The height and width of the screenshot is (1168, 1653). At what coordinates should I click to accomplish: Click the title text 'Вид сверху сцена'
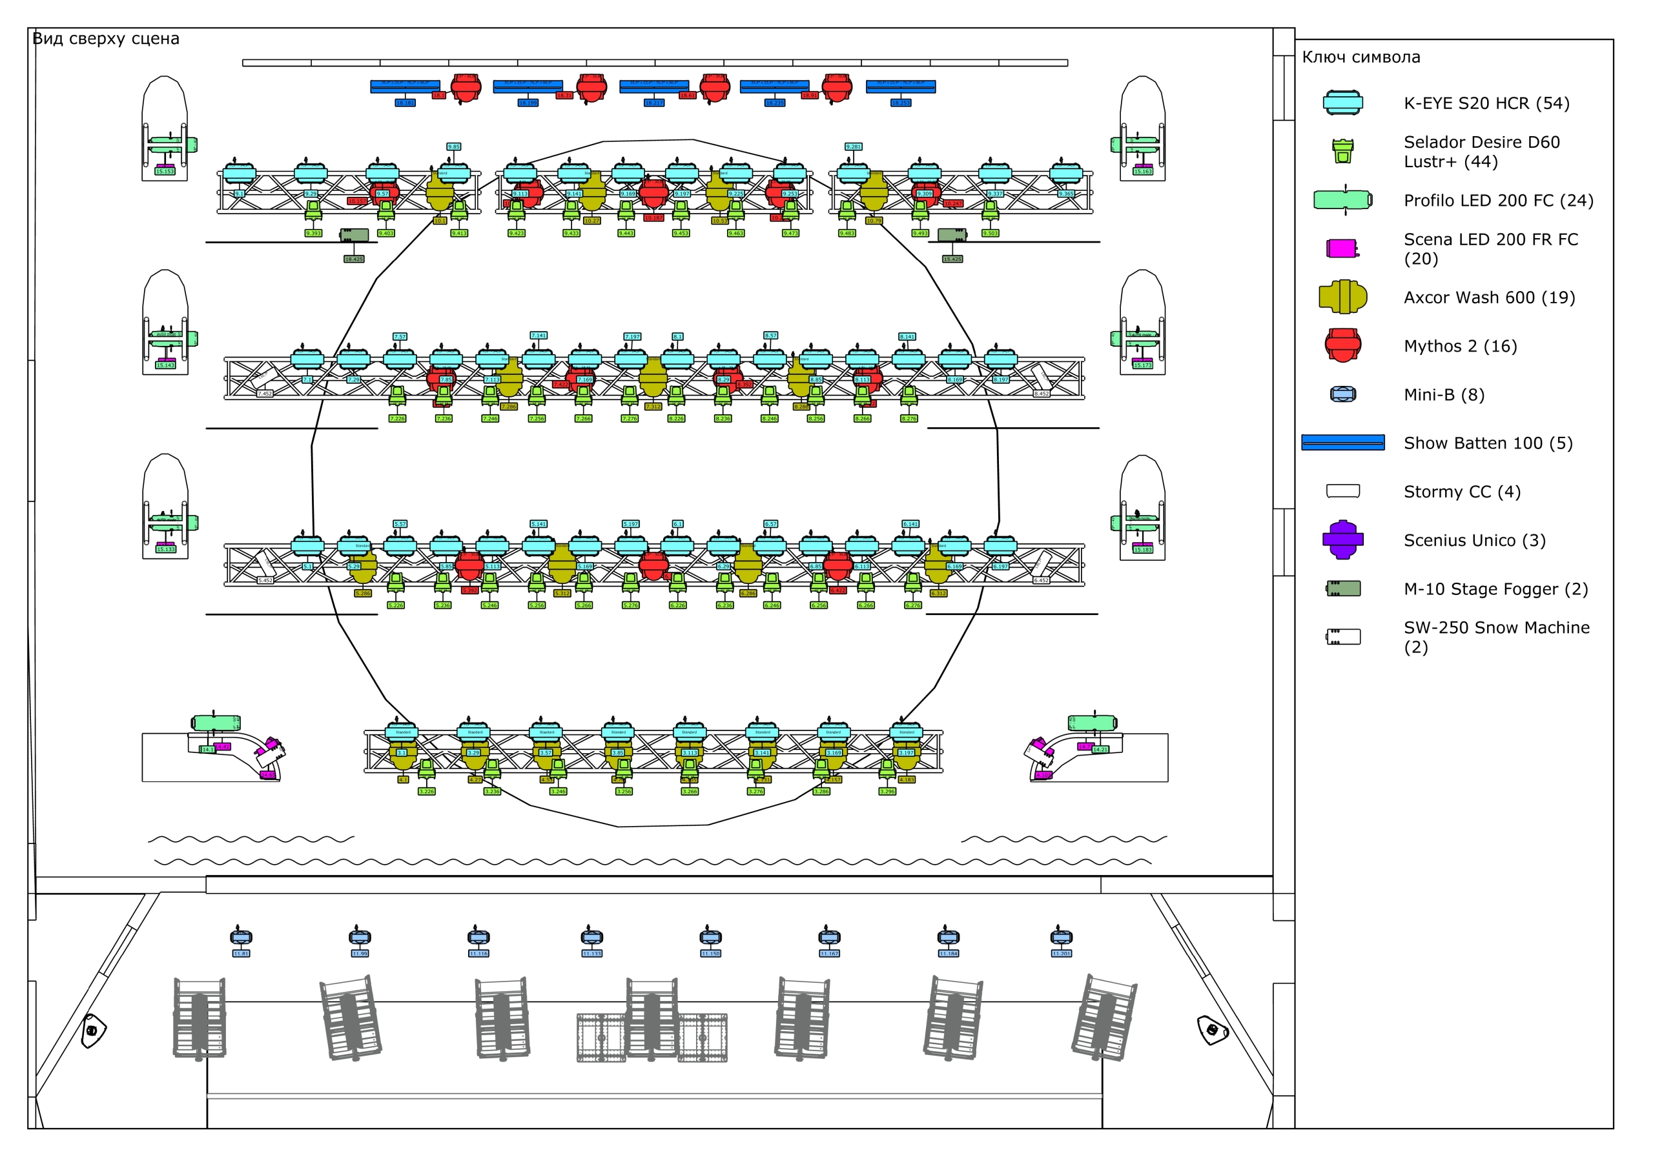coord(106,39)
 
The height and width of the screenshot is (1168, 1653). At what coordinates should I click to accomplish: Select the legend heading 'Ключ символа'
coord(1360,57)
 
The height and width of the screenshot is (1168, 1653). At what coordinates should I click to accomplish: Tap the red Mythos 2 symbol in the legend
coord(1342,345)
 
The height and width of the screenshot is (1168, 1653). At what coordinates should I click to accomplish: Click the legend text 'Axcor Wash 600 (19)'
coord(1489,297)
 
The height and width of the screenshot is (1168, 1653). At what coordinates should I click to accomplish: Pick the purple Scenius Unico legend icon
coord(1342,539)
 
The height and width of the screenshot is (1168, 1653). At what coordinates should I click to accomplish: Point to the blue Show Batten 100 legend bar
coord(1342,443)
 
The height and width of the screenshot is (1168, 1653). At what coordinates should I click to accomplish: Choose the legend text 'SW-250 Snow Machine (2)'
coord(1496,637)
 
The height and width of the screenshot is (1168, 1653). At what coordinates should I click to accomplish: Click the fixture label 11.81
coord(241,954)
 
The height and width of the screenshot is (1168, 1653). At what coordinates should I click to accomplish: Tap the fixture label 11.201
coord(1061,954)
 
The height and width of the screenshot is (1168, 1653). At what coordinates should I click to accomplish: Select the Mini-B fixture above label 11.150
coord(710,937)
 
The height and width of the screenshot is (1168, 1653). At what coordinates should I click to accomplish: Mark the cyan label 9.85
coord(453,147)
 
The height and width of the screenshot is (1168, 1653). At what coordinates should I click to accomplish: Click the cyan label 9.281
coord(853,147)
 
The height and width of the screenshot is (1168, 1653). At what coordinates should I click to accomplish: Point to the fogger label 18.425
coord(353,259)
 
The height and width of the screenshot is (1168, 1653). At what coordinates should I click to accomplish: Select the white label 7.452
coord(265,394)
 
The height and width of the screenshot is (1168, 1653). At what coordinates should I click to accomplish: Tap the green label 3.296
coord(887,792)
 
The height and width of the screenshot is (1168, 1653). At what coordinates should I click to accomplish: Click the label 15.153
coord(165,171)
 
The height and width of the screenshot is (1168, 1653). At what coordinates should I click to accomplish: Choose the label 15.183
coord(1142,550)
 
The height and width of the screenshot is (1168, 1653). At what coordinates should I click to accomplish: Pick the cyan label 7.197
coord(632,337)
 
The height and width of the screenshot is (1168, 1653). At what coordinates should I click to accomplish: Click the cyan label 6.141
coord(910,524)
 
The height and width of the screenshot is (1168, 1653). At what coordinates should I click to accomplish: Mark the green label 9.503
coord(990,233)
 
